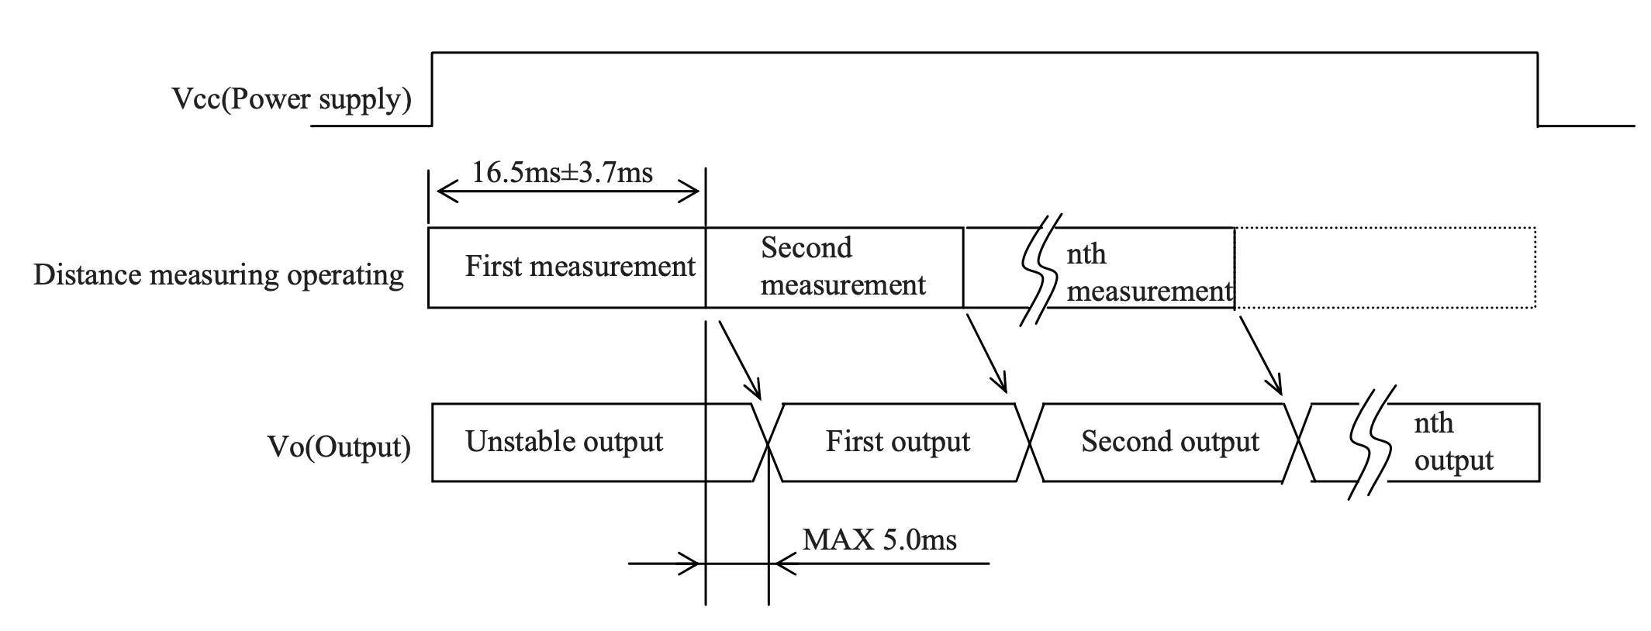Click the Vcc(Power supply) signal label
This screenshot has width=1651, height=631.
click(292, 100)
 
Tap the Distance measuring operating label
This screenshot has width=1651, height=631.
click(219, 275)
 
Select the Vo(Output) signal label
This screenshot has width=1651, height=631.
click(339, 447)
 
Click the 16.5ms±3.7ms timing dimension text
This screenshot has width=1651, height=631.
click(562, 172)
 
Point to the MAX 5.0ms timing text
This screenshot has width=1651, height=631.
click(879, 540)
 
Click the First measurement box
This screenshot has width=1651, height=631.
click(567, 267)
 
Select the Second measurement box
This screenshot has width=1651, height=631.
click(834, 267)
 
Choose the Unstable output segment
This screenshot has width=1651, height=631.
click(593, 443)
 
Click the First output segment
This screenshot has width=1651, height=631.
click(899, 443)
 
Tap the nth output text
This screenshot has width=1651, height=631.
click(1453, 442)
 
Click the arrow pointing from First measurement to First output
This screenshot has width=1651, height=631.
click(741, 360)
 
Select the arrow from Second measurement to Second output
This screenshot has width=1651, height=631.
click(985, 352)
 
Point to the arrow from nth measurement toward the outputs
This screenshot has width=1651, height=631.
click(1259, 355)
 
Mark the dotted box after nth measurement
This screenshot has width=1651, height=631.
click(1385, 267)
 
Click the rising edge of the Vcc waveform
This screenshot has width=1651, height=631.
click(432, 88)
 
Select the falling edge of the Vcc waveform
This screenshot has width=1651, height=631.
click(1538, 88)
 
